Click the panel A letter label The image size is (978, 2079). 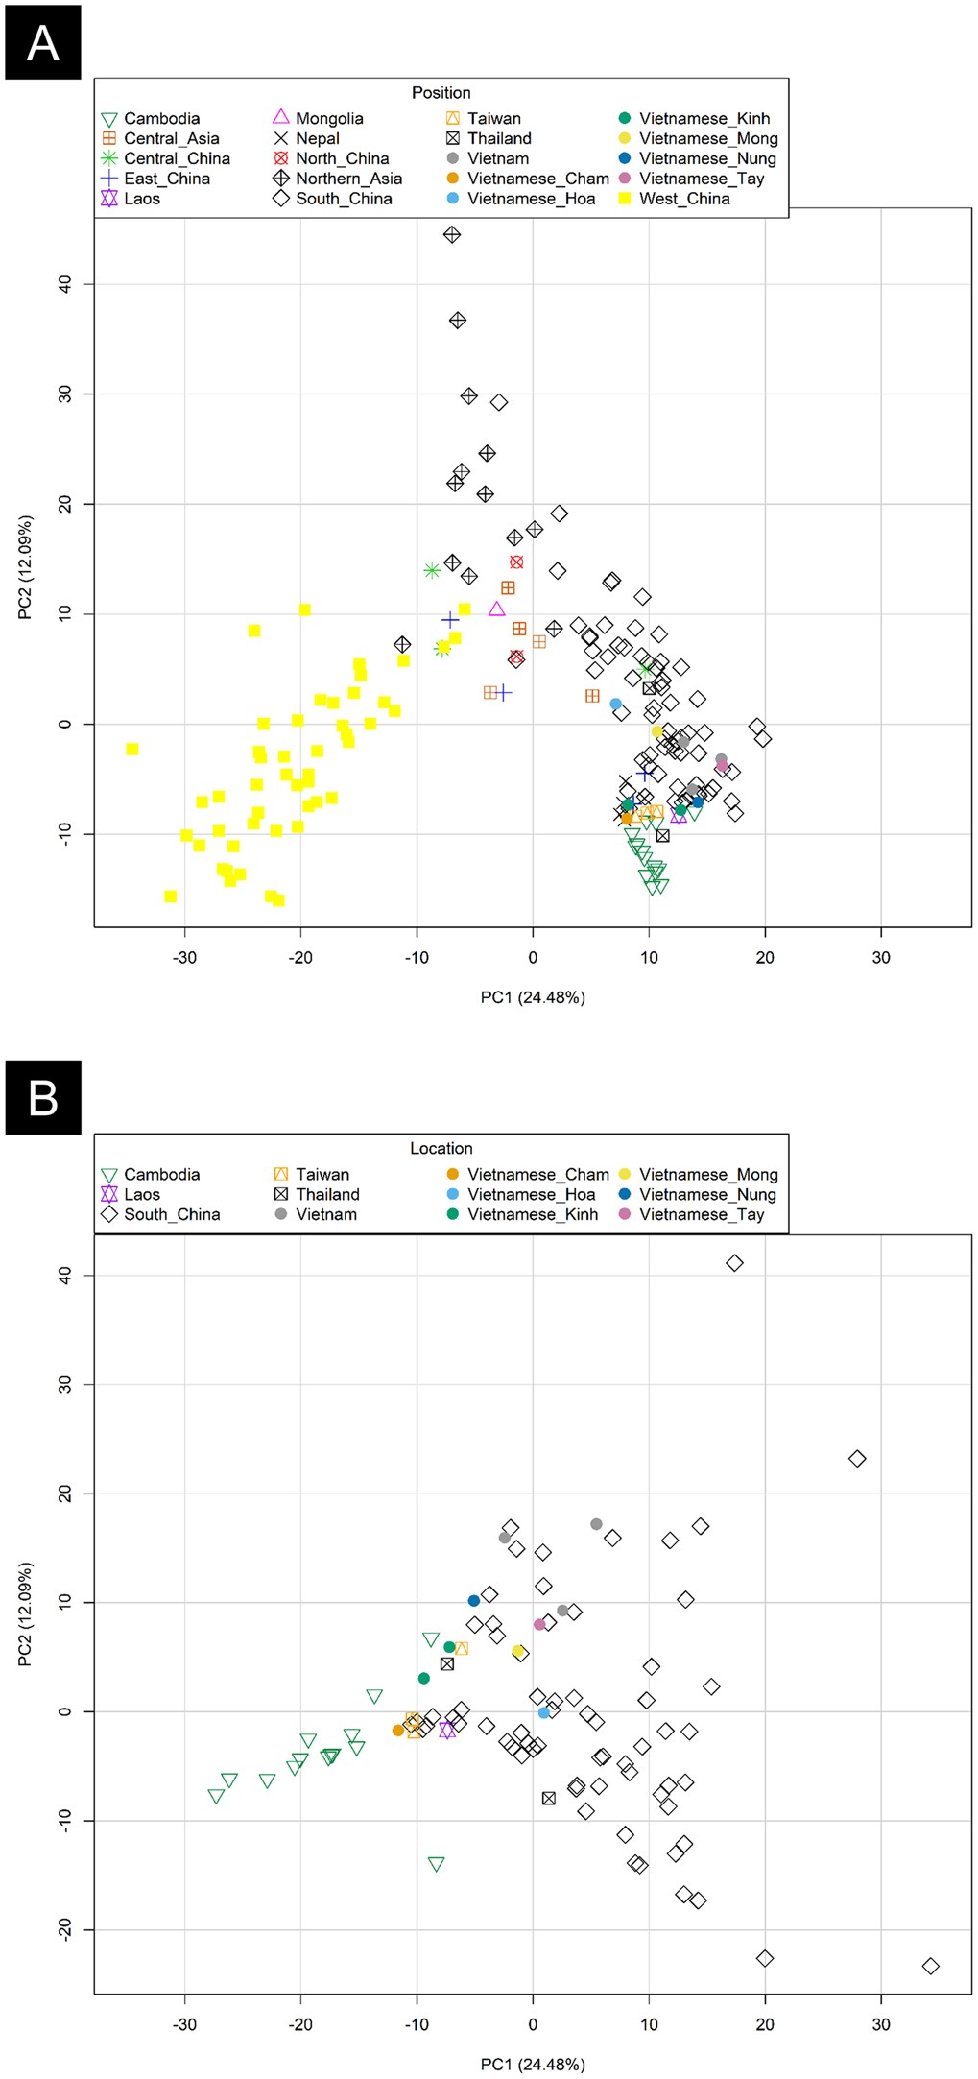tap(42, 43)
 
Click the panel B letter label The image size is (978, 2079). tap(42, 1097)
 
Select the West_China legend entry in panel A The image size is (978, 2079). tap(683, 199)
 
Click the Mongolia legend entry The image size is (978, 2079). tap(328, 118)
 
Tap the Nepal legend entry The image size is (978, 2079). tap(317, 138)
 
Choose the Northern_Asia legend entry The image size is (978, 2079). tap(347, 179)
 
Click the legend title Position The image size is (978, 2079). tap(441, 93)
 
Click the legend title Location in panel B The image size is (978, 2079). tap(441, 1148)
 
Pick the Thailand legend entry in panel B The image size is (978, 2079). tap(326, 1194)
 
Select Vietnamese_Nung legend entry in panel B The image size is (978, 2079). tap(706, 1194)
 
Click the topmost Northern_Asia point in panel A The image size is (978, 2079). tap(452, 235)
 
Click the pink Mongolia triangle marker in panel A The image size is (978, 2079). tap(496, 609)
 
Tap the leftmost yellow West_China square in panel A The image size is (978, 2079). tap(132, 749)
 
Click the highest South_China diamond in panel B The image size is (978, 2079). tap(734, 1263)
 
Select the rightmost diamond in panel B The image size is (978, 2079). tap(930, 1966)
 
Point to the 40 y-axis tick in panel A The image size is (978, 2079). tap(64, 284)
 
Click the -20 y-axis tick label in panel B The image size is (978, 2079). tap(64, 1929)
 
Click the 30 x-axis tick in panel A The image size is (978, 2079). tap(880, 957)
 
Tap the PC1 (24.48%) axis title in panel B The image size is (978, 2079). tap(533, 2064)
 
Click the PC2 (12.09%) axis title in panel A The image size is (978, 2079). tap(26, 567)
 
